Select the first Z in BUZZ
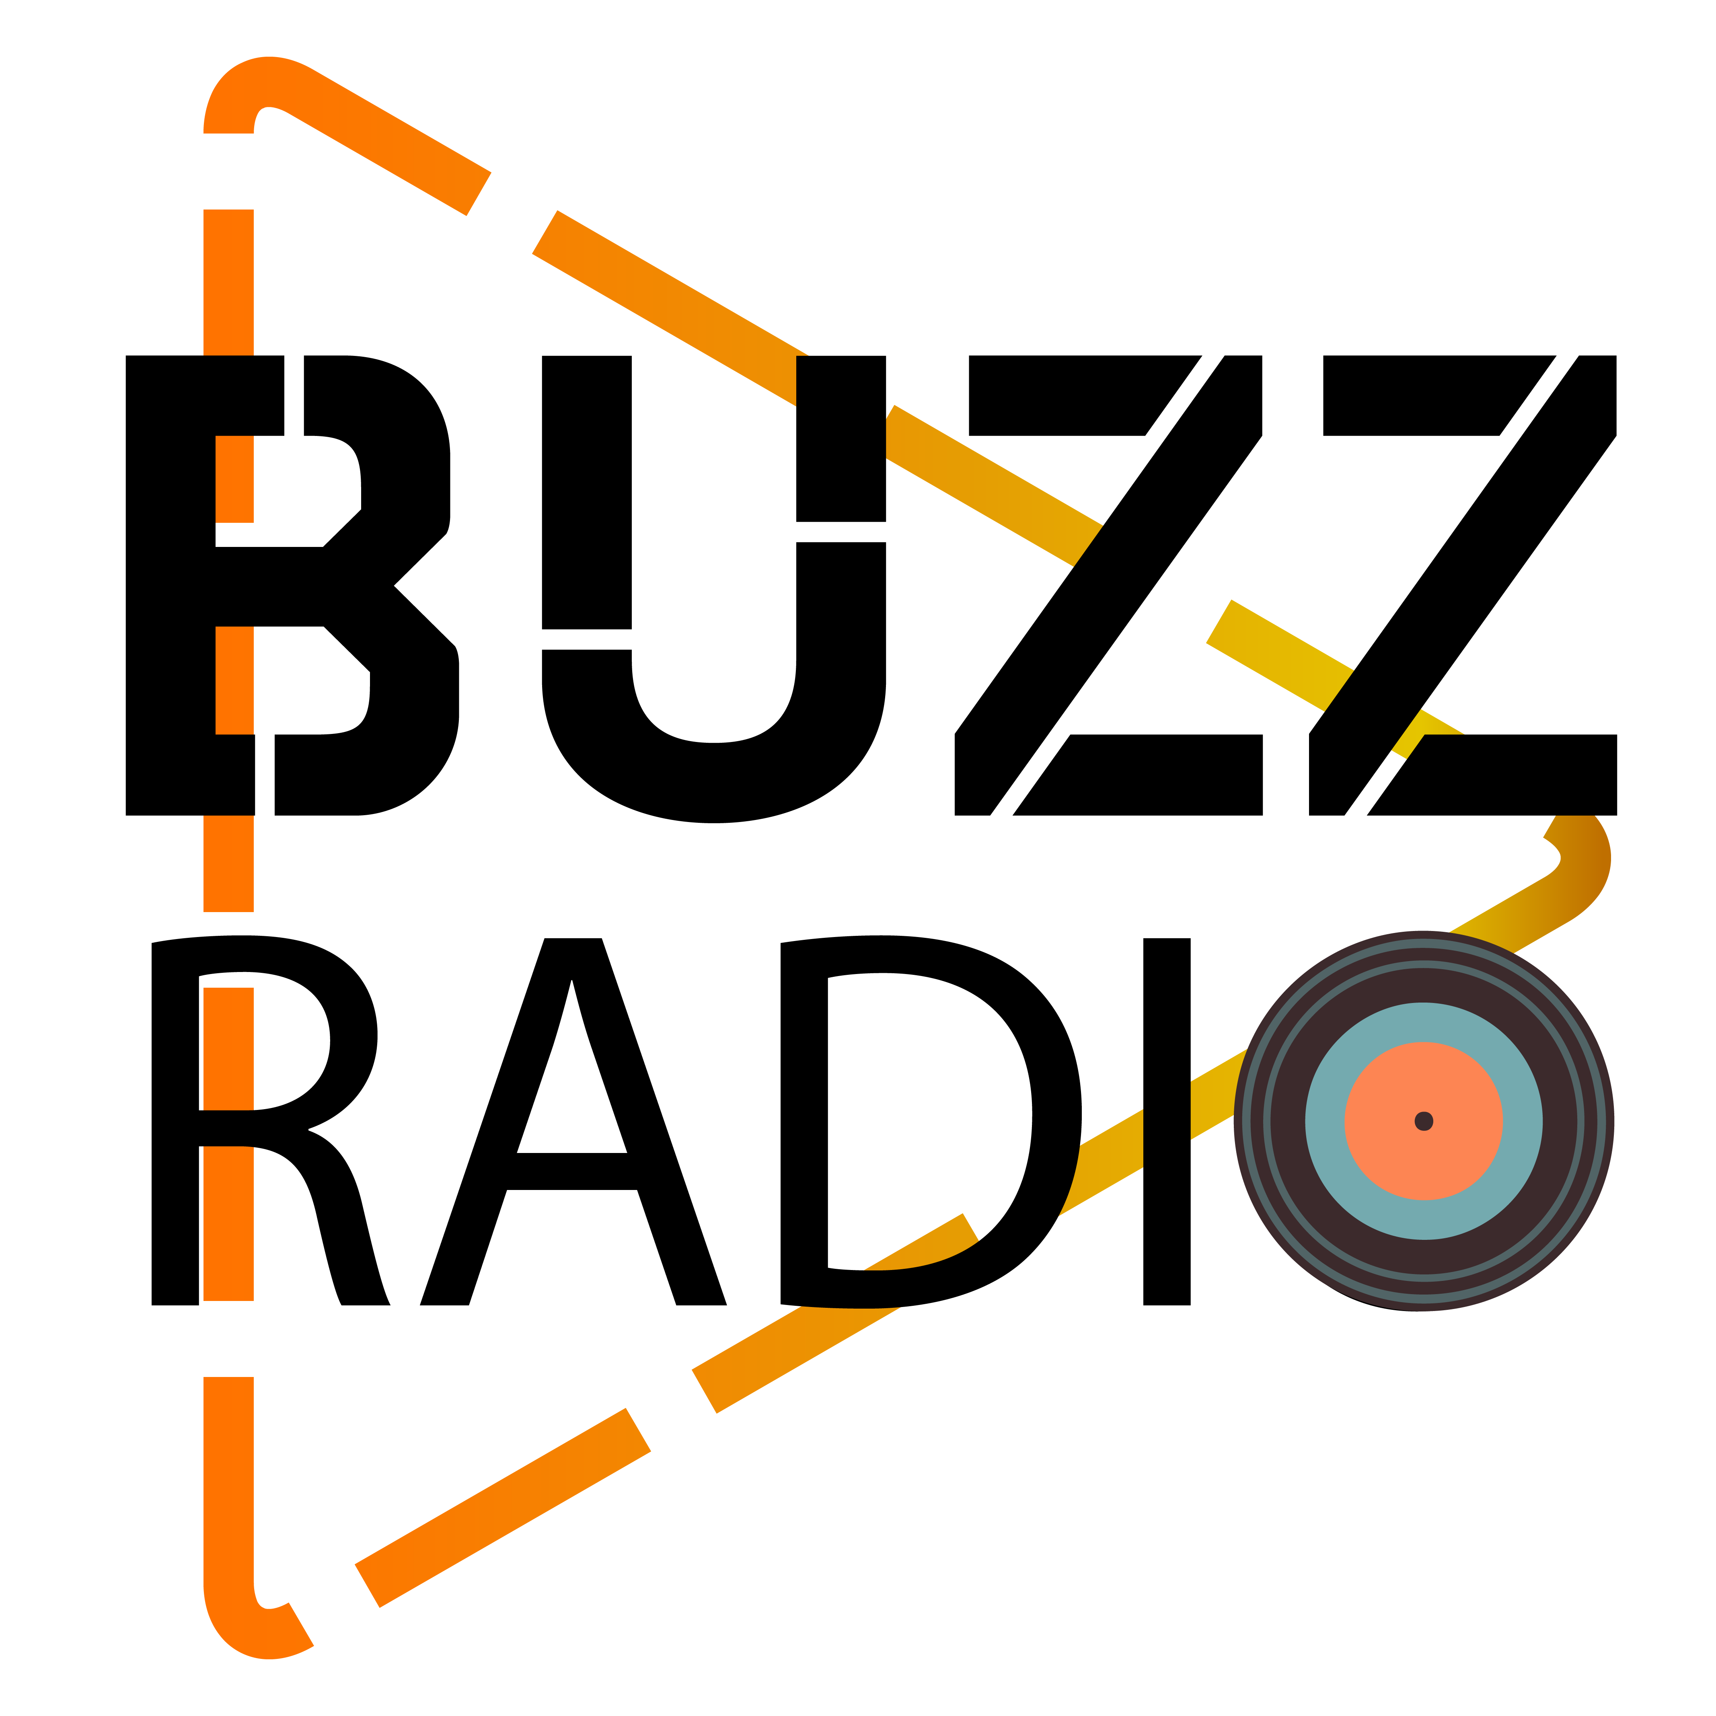pos(1110,586)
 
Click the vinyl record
pos(1424,1121)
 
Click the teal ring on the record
pos(1332,1121)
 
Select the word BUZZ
pos(870,586)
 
